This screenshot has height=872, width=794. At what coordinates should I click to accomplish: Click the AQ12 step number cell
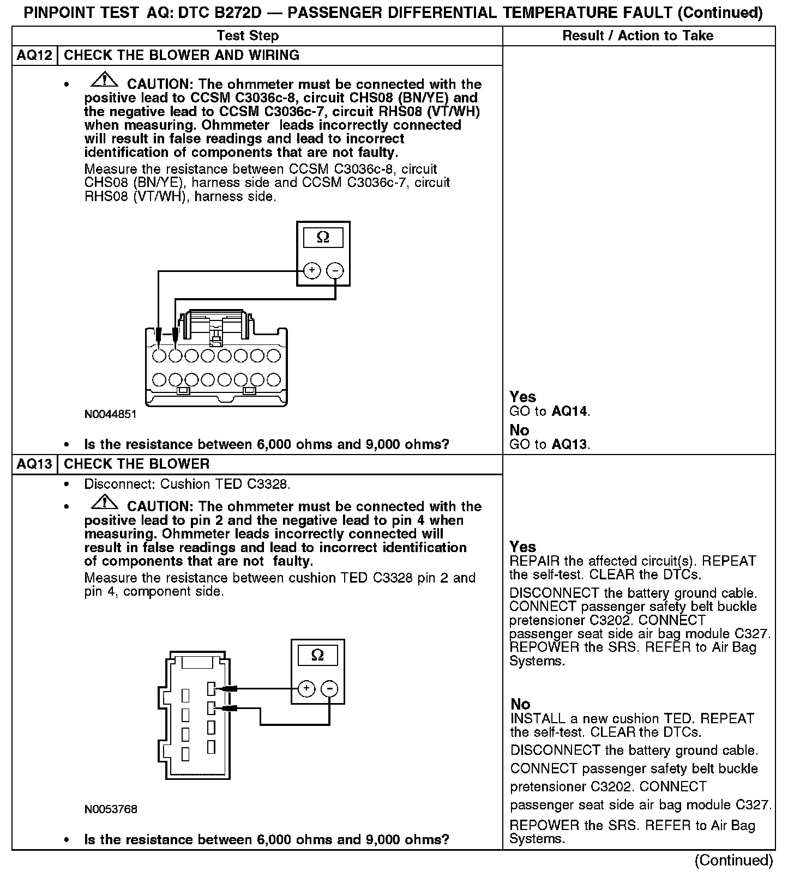point(34,55)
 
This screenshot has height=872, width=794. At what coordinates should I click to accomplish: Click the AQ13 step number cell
point(34,464)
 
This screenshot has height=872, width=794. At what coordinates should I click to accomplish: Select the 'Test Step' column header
point(248,35)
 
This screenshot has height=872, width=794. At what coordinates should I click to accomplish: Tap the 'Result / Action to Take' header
point(637,35)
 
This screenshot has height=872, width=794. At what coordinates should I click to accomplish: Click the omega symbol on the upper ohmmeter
point(323,238)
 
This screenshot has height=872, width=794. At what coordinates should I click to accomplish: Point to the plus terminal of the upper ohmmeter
point(312,270)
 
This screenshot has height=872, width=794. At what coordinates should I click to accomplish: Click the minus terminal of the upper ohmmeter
point(335,270)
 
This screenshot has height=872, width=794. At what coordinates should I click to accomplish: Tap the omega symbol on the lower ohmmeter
point(317,655)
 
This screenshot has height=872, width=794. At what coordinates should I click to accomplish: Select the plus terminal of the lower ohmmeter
point(307,689)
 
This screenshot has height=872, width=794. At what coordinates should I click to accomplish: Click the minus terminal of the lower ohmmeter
point(329,689)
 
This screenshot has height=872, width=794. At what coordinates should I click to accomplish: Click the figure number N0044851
point(110,414)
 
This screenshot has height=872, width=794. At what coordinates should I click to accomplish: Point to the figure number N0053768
point(111,809)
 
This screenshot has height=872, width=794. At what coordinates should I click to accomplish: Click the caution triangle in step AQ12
point(104,81)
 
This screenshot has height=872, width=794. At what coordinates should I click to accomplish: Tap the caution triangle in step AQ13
point(104,503)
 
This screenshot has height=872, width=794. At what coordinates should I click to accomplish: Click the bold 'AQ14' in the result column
point(570,411)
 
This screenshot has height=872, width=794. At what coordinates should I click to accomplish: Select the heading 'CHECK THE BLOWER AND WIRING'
point(182,55)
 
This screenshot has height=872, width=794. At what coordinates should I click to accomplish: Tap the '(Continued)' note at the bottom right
point(733,860)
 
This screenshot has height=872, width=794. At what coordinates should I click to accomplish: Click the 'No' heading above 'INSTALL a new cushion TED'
point(520,704)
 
